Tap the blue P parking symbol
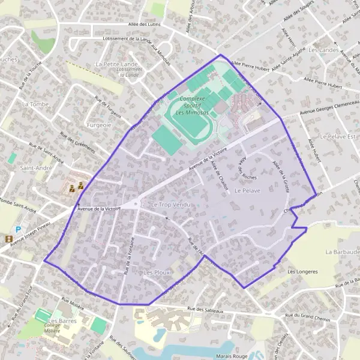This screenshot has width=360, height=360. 18,229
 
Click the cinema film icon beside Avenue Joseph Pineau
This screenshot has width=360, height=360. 8,239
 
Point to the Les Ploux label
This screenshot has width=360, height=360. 157,272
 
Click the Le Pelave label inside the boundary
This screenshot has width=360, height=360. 247,190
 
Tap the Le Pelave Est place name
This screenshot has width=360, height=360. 338,137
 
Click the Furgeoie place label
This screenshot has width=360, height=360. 99,125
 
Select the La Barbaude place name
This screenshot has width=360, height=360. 342,252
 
